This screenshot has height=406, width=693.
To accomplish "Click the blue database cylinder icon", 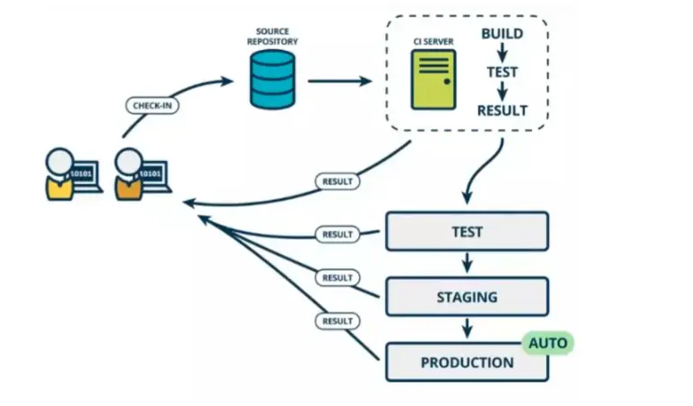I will tap(271, 80).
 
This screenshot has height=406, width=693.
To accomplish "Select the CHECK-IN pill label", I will tap(151, 106).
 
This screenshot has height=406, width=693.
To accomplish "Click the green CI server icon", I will tap(433, 80).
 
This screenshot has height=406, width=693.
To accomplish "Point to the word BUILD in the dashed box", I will tap(502, 34).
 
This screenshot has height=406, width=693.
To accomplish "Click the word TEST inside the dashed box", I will tap(502, 72).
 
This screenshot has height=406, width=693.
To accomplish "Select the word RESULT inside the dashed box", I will tap(502, 111).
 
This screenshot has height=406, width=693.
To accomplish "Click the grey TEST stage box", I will tap(466, 232).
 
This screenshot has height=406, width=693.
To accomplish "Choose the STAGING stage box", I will tap(466, 297).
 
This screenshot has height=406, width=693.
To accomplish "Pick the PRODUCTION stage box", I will tap(466, 362).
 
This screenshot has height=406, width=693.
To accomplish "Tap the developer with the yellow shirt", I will tap(60, 175).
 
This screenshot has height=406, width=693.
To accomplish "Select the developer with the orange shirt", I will tap(128, 175).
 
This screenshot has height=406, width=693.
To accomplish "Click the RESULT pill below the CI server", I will tap(338, 182).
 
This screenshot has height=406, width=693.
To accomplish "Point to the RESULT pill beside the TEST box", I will tap(338, 234).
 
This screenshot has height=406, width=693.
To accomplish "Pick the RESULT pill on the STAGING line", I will tap(338, 278).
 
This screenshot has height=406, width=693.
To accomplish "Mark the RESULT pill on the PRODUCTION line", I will tap(338, 320).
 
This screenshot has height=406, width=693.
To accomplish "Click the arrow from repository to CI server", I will tap(339, 81).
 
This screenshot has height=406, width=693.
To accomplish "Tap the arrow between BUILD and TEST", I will tap(502, 53).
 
